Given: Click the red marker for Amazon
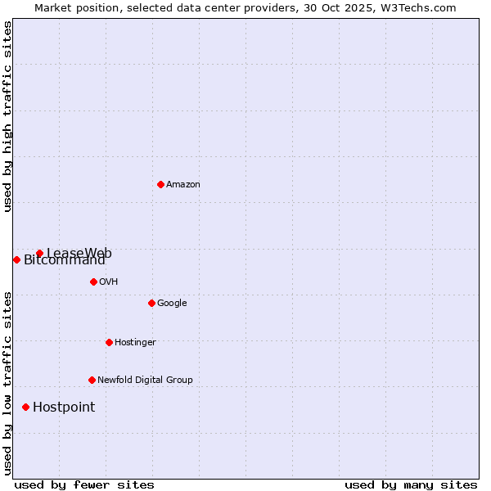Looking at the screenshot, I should coord(160,184).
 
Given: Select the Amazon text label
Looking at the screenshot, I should coord(182,185).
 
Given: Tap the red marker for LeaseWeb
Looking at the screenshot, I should coord(39,253).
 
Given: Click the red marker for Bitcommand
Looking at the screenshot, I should coord(16,259).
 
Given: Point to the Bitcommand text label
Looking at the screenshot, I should coord(65,261).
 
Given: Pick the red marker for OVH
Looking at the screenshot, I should coord(93,282).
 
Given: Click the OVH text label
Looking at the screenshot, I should coord(108,282).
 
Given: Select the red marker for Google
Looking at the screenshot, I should coord(151,303).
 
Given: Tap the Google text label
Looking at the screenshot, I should coord(172,304).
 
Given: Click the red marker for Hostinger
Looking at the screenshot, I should coord(109,342).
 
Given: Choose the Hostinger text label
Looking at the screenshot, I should coord(135,343).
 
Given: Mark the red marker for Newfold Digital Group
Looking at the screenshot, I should coord(92,380).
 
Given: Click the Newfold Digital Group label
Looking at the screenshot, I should coord(145,381).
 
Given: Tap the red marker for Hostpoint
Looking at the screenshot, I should coord(25,407).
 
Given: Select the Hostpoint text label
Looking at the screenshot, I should coord(64,408).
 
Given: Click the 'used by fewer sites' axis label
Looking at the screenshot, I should coord(84,485).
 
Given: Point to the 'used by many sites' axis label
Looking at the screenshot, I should coord(411,485).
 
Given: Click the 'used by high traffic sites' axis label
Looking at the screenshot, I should coord(7,116).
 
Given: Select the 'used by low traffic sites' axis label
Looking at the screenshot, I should coord(7,383).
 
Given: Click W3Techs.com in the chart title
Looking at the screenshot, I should coord(417,7).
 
